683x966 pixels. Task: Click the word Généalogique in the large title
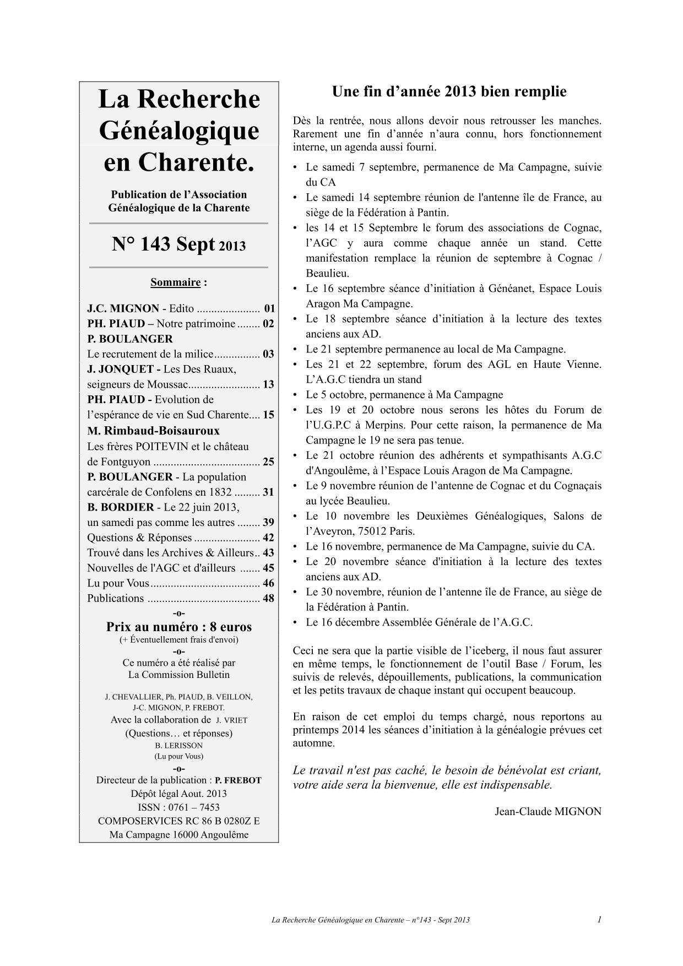click(x=178, y=131)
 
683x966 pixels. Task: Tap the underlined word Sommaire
click(x=175, y=283)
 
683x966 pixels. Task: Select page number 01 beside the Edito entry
click(x=269, y=308)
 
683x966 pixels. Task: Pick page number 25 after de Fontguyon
click(x=268, y=462)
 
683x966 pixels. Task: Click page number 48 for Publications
click(x=268, y=598)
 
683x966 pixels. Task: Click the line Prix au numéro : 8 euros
click(x=179, y=627)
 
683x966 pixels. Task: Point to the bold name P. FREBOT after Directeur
click(x=238, y=780)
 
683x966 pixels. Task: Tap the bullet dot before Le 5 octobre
click(x=296, y=395)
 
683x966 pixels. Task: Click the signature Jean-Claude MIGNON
click(x=548, y=811)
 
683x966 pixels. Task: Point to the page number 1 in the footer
click(x=599, y=919)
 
